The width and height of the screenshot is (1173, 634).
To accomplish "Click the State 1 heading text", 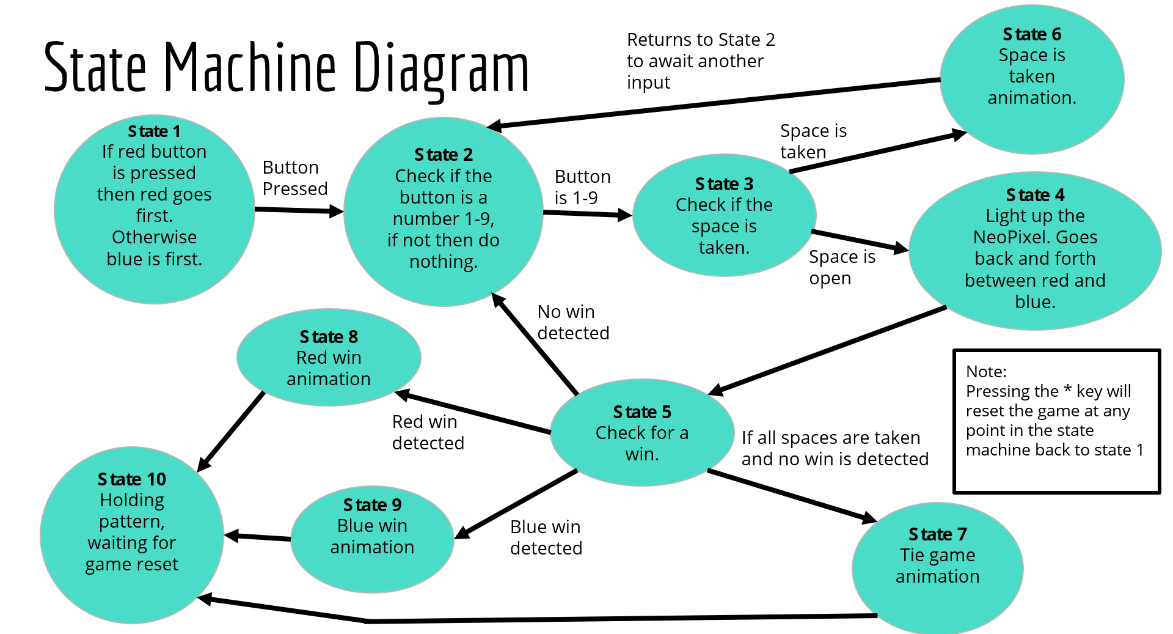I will [x=154, y=131].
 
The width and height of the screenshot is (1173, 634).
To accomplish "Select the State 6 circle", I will [x=1032, y=79].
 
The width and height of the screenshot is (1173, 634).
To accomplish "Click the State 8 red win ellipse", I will [x=329, y=358].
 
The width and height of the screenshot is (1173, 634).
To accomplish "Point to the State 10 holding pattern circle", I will [x=132, y=535].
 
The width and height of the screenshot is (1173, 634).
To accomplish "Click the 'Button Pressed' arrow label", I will [x=294, y=178].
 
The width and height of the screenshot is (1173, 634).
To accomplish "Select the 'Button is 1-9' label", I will [x=582, y=187].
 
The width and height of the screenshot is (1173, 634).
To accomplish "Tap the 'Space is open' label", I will [x=842, y=267].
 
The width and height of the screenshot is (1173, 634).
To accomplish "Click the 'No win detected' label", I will [x=572, y=322].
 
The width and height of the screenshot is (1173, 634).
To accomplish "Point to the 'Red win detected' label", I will [x=428, y=432].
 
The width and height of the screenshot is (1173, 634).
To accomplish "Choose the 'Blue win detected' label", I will [x=546, y=537].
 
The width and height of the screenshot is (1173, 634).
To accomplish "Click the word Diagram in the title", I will [x=441, y=68].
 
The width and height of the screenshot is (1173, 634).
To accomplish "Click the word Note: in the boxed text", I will [x=986, y=372].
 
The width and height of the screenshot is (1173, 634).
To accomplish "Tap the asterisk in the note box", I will [x=1067, y=390].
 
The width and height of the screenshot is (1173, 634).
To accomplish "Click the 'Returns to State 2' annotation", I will [x=700, y=61].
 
